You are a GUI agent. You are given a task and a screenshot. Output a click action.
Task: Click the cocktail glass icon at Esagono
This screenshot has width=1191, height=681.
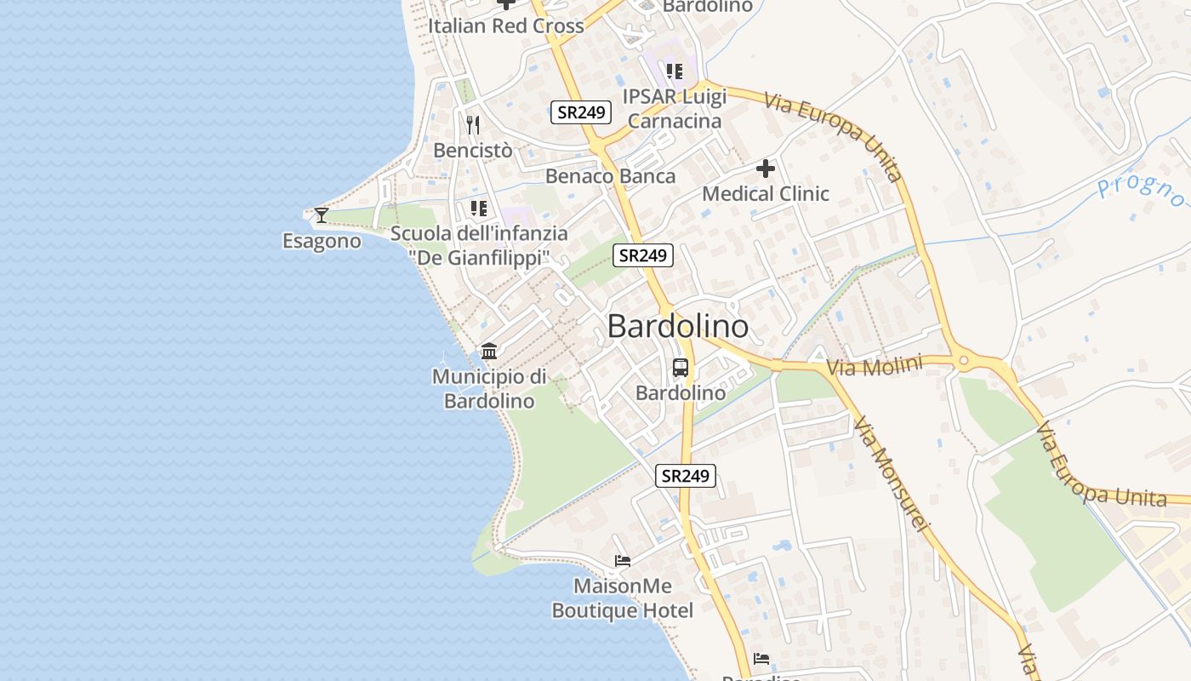coord(322,215)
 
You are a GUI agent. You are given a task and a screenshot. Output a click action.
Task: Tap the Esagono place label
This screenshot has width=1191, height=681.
coord(322,241)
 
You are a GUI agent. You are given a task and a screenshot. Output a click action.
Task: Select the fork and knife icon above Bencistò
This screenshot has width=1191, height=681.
coord(473,125)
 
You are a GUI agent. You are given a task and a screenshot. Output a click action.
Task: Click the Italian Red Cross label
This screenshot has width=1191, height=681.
coord(505,26)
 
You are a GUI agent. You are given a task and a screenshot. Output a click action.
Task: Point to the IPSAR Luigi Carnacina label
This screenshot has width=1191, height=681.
coord(675,108)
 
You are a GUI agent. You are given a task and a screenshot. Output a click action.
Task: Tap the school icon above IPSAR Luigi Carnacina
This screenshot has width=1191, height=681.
coord(675,71)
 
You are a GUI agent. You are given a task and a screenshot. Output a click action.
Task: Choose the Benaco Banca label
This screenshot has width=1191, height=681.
coord(610,176)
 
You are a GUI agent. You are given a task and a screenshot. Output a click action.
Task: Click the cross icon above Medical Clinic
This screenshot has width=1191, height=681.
coord(766,169)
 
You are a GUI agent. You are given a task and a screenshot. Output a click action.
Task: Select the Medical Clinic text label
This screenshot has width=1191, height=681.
coord(765,193)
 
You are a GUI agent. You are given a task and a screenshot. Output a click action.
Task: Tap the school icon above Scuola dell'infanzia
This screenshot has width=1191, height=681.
coord(479,208)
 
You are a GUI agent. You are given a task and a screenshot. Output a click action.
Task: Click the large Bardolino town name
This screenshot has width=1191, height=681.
coord(678,326)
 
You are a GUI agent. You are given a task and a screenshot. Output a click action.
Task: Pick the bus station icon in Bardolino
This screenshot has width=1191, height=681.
coord(681,368)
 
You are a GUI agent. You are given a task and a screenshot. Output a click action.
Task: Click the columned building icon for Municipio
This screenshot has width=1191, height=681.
coord(489,351)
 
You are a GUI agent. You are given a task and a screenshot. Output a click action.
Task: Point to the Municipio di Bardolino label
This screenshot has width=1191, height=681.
coord(489,388)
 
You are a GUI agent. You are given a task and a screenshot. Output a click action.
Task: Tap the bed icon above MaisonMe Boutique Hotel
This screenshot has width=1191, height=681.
coord(623,561)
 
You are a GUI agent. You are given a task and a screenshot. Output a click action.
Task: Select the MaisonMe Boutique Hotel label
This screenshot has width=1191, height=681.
coord(622,598)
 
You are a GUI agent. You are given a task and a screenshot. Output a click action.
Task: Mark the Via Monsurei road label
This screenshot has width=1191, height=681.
coord(888,473)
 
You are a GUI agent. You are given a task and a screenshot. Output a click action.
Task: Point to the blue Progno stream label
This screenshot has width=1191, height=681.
coord(1141,192)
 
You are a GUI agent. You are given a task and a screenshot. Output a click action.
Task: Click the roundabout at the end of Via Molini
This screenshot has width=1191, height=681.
coord(963,361)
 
